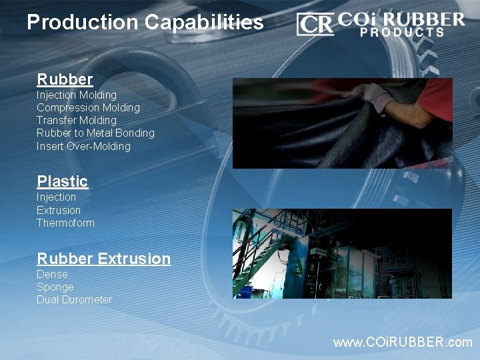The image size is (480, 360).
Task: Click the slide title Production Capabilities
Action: click(x=145, y=23)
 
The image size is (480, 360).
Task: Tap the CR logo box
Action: click(x=315, y=25)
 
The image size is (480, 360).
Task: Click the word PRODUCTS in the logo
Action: click(x=402, y=32)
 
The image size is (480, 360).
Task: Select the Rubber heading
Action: click(x=65, y=80)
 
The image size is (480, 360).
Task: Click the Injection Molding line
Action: click(x=76, y=95)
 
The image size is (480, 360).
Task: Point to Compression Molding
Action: click(x=88, y=108)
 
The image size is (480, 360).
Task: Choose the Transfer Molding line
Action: click(x=76, y=121)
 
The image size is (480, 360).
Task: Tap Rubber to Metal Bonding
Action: click(x=95, y=133)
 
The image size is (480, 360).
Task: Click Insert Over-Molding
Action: click(x=83, y=146)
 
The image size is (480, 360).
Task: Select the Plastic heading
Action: click(x=62, y=181)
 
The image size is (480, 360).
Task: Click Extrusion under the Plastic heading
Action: click(x=59, y=210)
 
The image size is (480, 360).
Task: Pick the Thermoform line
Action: click(x=65, y=223)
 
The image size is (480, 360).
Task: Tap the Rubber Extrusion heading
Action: click(x=103, y=259)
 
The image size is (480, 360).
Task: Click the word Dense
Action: click(x=52, y=274)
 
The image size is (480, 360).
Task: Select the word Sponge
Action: click(x=55, y=287)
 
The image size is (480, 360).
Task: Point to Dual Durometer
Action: click(x=74, y=300)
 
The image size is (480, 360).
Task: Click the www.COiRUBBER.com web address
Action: click(x=403, y=342)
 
